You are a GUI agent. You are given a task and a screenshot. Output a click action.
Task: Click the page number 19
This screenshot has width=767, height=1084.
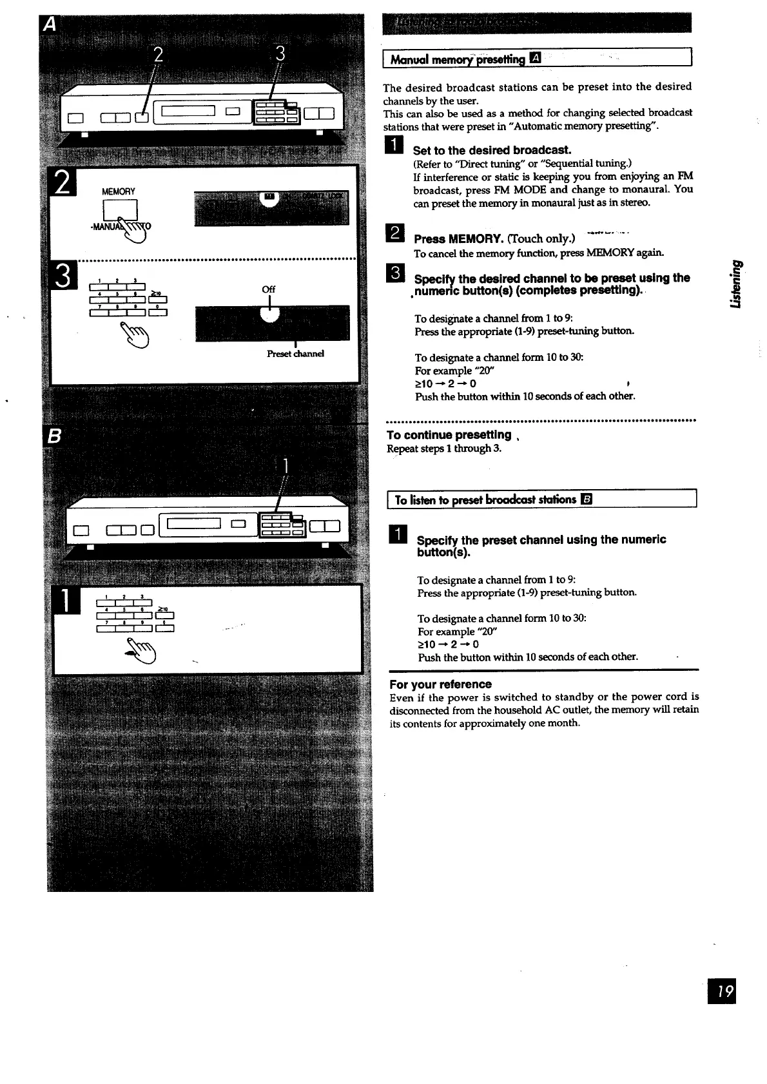(721, 991)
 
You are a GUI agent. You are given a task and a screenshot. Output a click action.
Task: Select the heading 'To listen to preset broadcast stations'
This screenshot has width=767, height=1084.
(485, 500)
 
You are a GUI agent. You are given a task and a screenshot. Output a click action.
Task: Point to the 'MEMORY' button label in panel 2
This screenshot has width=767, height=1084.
(119, 191)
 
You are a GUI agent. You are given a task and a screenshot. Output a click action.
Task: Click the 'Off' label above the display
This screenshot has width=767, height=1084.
(269, 289)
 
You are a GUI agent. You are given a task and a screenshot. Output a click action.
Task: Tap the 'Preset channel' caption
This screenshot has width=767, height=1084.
(295, 354)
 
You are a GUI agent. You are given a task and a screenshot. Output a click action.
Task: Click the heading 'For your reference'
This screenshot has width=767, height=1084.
(440, 684)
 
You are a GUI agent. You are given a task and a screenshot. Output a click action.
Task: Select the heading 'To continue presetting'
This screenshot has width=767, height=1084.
(449, 435)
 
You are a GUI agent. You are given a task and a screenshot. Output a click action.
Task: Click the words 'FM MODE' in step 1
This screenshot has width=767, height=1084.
(493, 189)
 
